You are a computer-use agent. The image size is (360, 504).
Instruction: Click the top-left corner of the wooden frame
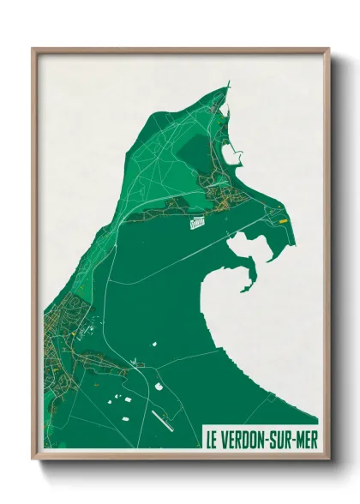coord(33,49)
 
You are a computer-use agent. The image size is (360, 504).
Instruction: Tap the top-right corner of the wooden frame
coord(330,49)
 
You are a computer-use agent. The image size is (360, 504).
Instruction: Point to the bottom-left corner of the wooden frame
coord(33,459)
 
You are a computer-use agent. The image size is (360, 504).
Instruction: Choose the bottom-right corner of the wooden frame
coord(330,459)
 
